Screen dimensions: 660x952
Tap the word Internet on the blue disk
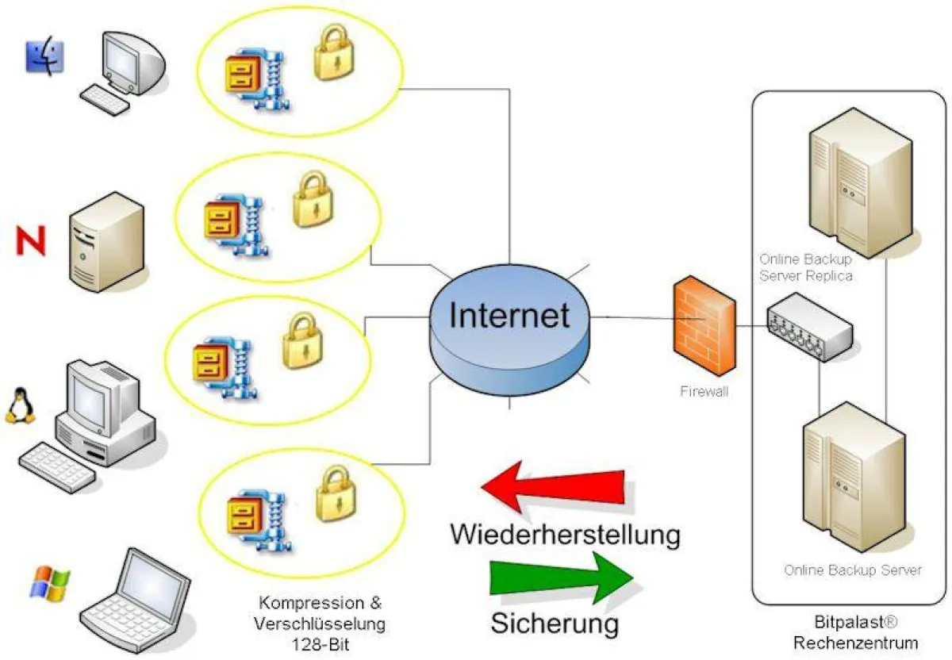pyautogui.click(x=509, y=315)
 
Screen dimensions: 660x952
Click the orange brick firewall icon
pyautogui.click(x=701, y=325)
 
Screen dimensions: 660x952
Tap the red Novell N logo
pyautogui.click(x=32, y=240)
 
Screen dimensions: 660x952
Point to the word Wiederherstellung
pyautogui.click(x=565, y=534)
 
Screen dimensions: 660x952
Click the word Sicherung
pyautogui.click(x=554, y=623)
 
